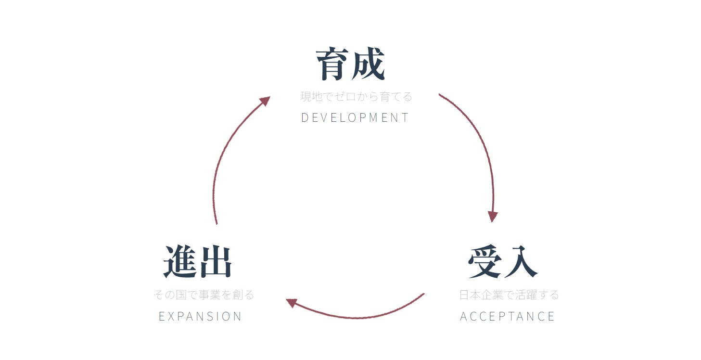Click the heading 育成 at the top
[x=350, y=64]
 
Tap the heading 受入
[x=502, y=262]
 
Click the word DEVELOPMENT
[x=355, y=118]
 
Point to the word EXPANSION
[x=200, y=316]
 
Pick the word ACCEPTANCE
[x=508, y=316]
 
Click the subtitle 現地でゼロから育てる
[x=357, y=97]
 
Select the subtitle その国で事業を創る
[x=204, y=295]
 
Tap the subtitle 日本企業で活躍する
[x=509, y=295]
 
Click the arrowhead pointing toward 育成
[x=265, y=101]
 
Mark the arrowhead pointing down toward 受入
[x=492, y=216]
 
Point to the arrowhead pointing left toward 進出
[x=292, y=303]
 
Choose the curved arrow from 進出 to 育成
[x=221, y=159]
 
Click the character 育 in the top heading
[x=332, y=64]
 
